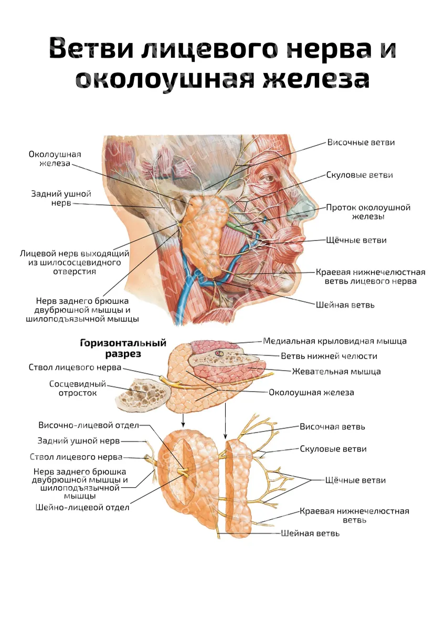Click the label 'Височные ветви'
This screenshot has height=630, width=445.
[x=361, y=142]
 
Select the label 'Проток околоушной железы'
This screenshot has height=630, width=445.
[x=368, y=212]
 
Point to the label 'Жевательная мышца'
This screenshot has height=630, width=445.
[x=336, y=372]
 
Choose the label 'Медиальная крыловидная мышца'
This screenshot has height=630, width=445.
[x=334, y=341]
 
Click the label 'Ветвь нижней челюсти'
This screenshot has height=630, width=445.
[x=329, y=356]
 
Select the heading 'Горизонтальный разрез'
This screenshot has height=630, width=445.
[x=123, y=349]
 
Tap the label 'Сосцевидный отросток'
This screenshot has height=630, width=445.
[x=78, y=388]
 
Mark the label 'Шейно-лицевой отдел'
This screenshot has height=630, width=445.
[x=82, y=507]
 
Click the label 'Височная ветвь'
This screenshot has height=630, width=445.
[x=332, y=427]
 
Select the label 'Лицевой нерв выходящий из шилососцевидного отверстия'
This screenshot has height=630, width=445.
[x=75, y=262]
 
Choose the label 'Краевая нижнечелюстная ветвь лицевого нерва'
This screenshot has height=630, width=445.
[x=370, y=277]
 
